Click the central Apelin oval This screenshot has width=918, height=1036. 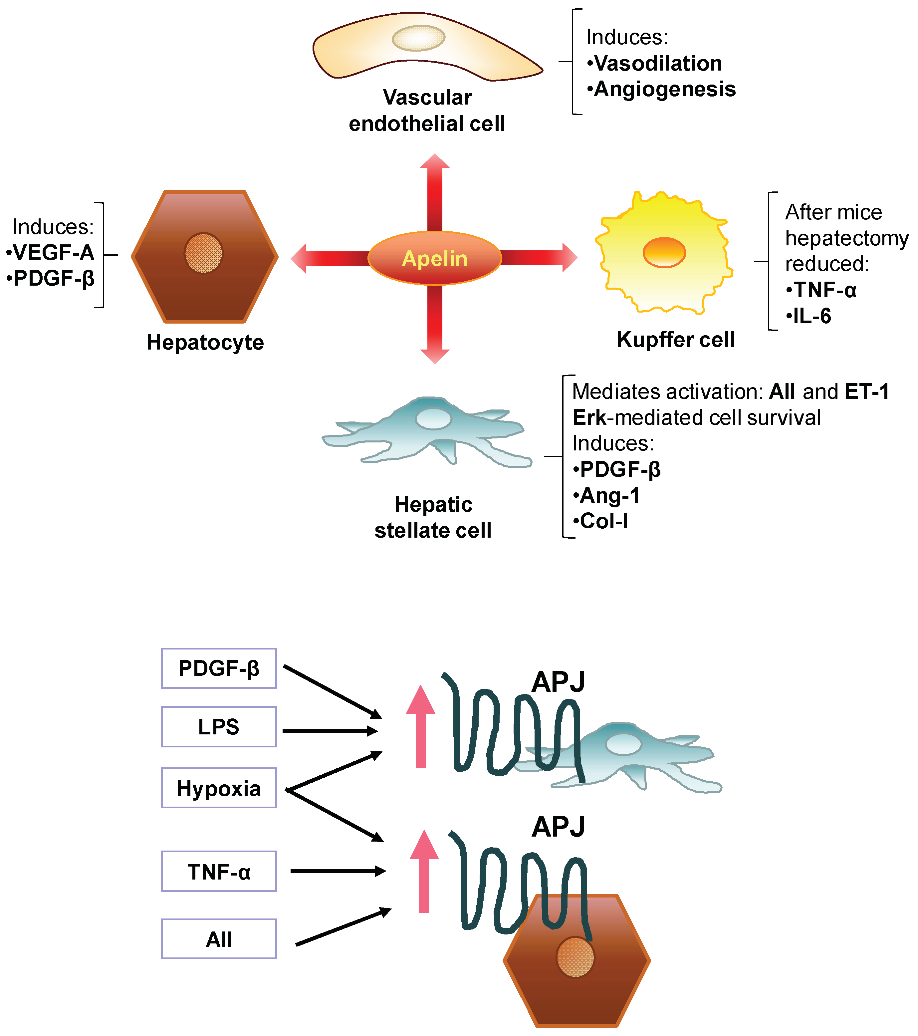tap(434, 258)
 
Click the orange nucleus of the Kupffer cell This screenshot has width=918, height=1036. tap(664, 252)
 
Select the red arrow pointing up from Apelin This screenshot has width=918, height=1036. tap(434, 193)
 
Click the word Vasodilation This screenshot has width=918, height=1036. tap(657, 63)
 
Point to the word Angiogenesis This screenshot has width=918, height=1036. tap(664, 89)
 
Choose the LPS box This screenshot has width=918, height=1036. tap(218, 727)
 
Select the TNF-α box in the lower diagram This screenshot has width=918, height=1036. tap(218, 872)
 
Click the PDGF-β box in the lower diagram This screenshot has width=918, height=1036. tap(218, 668)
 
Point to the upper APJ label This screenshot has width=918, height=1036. tap(558, 682)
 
